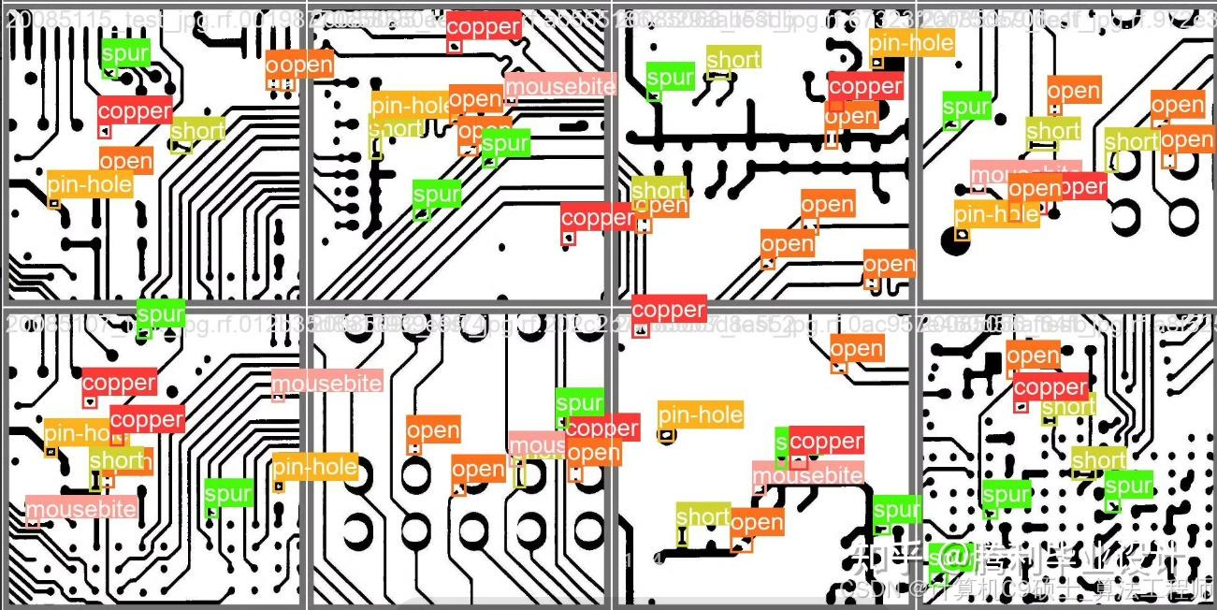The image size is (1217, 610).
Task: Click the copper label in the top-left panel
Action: coord(135,110)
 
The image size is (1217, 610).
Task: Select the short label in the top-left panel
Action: coord(197,130)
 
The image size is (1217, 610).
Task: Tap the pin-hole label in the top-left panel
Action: coord(89,184)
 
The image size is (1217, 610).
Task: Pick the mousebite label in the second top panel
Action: coord(560,87)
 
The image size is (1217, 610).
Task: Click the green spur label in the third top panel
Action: coord(670,78)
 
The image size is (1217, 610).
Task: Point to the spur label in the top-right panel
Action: coord(966,107)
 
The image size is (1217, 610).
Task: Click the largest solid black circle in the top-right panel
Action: coord(957,243)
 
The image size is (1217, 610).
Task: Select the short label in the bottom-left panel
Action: coord(116,459)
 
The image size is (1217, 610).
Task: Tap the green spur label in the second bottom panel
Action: coord(579,403)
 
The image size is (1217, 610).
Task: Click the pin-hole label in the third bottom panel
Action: coord(701,414)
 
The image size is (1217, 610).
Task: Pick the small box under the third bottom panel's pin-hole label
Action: coord(666,435)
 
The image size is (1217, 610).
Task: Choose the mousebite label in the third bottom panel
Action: coord(808,475)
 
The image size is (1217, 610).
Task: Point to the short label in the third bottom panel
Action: coord(702,516)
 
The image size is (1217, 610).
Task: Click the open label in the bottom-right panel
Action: coord(1033,356)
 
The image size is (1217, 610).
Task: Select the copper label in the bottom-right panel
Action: coord(1050,386)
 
